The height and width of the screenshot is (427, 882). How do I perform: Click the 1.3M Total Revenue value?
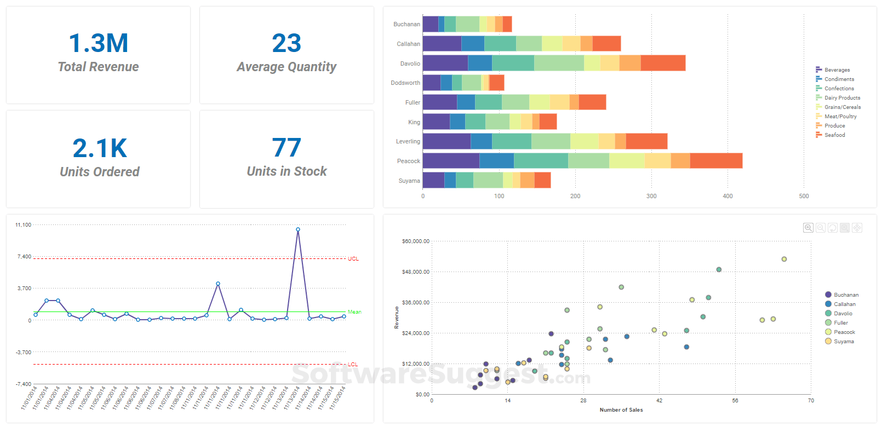click(x=99, y=43)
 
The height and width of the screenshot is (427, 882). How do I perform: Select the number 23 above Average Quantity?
click(x=287, y=43)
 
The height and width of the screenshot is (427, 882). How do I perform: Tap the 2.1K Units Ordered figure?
click(x=100, y=148)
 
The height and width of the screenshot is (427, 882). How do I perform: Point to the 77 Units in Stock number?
click(x=287, y=148)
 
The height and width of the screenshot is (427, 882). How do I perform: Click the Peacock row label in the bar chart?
click(x=408, y=161)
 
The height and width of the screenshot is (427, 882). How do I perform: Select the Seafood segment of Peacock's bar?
click(x=716, y=161)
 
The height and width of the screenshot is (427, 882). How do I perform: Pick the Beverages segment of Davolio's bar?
click(x=445, y=63)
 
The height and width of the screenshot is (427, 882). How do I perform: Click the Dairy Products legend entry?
click(x=842, y=98)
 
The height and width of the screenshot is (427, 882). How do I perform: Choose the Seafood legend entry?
click(x=834, y=135)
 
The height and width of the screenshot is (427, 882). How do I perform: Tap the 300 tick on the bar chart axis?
click(x=651, y=196)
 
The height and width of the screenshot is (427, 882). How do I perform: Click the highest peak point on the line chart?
click(x=298, y=229)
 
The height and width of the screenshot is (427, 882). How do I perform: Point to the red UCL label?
click(x=353, y=258)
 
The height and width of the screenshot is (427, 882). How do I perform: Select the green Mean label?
click(x=354, y=312)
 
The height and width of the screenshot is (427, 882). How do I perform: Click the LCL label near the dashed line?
click(x=353, y=365)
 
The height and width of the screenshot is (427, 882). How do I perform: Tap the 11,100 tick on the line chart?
click(x=24, y=225)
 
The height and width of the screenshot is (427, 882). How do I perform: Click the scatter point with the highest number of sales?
click(x=784, y=259)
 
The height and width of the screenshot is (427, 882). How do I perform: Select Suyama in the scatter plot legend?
click(x=844, y=342)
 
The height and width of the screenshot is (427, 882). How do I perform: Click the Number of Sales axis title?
click(x=621, y=410)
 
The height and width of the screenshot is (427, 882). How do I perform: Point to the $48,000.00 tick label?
click(x=416, y=272)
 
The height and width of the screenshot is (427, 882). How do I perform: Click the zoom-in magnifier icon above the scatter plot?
click(x=808, y=228)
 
